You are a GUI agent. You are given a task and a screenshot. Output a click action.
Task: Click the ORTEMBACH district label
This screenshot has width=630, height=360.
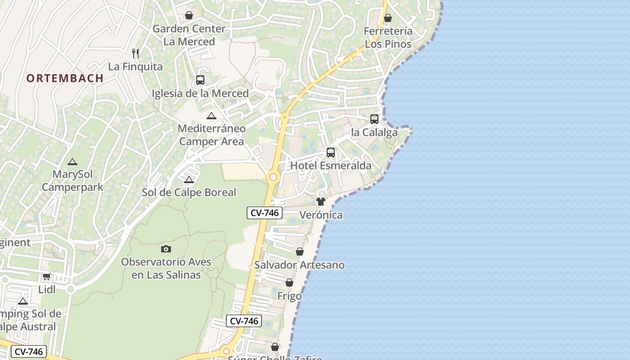tap(65, 78)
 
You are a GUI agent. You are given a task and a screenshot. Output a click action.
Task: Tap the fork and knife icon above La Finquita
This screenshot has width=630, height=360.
tap(135, 53)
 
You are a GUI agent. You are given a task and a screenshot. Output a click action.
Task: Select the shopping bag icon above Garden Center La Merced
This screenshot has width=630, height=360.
tap(189, 15)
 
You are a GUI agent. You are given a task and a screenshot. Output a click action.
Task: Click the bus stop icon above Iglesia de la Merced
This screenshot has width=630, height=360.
tap(200, 80)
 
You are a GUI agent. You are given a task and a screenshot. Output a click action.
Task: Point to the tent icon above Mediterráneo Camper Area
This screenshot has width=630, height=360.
tap(211, 116)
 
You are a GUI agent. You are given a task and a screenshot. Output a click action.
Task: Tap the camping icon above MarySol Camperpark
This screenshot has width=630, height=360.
tap(72, 162)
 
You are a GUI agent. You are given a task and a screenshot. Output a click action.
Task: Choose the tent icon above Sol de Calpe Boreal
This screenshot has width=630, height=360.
tap(189, 180)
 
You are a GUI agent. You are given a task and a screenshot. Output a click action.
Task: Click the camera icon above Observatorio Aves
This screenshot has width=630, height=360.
tap(166, 249)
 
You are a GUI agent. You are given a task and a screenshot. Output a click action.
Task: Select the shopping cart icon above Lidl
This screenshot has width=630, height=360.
tap(46, 276)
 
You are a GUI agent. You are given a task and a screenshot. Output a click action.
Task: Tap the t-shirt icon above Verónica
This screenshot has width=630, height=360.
tap(320, 202)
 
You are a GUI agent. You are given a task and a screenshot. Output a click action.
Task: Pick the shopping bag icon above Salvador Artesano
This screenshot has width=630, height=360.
tap(300, 252)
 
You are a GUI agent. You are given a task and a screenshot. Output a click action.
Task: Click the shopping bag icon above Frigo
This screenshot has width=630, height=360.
tap(289, 283)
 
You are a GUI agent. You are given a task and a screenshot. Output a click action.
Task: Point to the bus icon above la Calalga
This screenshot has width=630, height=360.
tap(374, 119)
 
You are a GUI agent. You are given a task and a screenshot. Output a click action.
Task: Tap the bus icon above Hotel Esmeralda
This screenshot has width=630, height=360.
tap(331, 153)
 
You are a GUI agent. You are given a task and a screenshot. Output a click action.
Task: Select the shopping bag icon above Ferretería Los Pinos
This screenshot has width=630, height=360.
tap(388, 18)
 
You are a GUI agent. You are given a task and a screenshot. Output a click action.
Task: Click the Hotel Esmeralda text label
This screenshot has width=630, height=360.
tap(331, 166)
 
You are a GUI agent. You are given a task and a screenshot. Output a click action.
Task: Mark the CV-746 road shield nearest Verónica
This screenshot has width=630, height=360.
tap(265, 213)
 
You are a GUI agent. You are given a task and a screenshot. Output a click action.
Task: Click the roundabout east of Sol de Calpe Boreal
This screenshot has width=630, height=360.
tap(273, 177)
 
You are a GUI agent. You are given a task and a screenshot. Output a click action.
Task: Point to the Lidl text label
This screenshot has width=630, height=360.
tap(47, 289)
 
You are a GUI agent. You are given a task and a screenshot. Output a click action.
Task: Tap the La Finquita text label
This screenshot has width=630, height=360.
tap(135, 67)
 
